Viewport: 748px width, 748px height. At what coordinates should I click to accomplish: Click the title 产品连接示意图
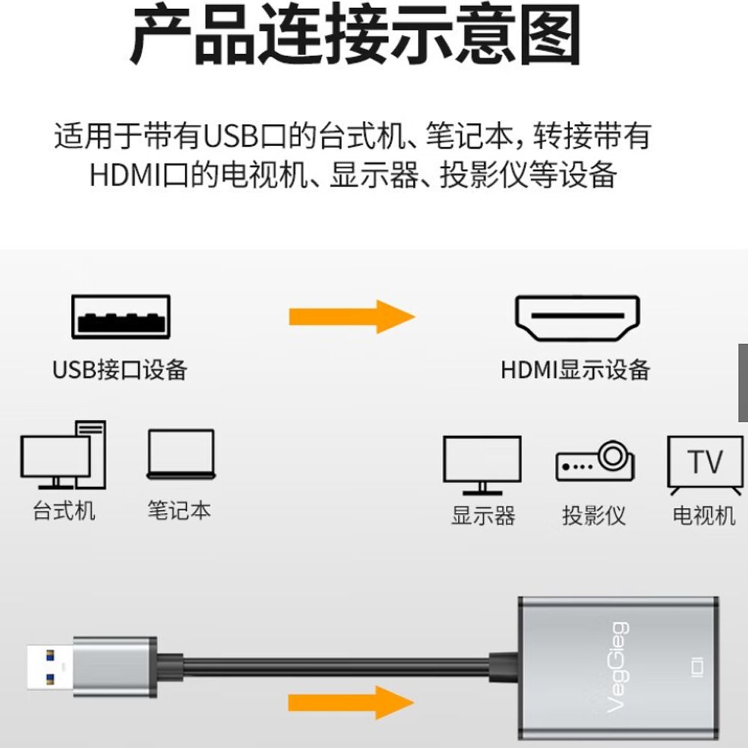click(356, 35)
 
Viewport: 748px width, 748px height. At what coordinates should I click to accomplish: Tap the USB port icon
click(120, 316)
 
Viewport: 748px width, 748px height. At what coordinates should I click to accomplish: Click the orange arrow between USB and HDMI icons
click(352, 317)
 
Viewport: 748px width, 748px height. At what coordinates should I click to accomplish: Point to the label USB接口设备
click(120, 370)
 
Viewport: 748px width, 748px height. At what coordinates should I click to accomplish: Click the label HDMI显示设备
click(576, 370)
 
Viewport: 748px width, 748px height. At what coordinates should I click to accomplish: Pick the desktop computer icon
click(63, 455)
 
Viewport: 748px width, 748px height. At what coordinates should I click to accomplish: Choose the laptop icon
click(180, 455)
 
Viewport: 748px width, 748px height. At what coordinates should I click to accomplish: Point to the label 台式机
click(64, 511)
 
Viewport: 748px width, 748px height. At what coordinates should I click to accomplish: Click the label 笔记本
click(180, 511)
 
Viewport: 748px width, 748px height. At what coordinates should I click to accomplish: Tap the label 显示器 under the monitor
click(483, 515)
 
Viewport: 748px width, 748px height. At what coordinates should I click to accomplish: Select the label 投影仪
click(594, 515)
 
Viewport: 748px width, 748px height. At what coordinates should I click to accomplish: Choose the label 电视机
click(704, 515)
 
